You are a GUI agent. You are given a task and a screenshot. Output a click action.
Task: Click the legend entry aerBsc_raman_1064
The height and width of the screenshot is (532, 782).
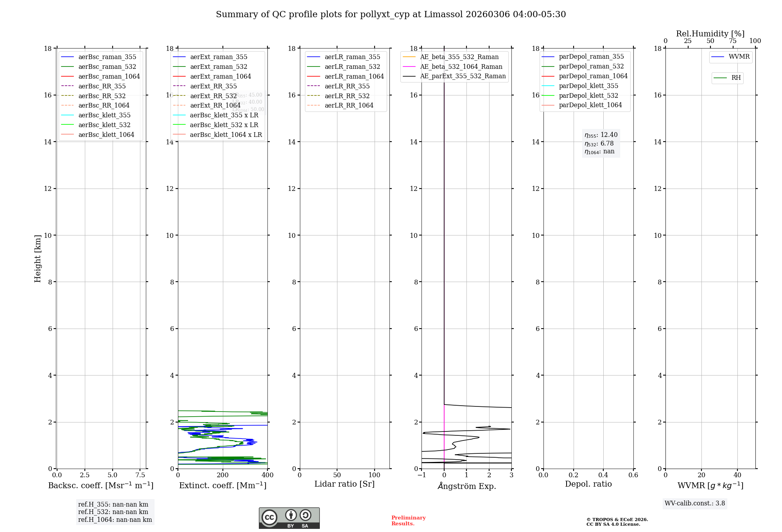coord(109,76)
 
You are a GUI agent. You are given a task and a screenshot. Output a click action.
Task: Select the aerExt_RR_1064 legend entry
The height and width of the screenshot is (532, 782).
coord(215,105)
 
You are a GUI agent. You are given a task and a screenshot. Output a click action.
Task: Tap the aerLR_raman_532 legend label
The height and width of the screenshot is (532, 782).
coord(352,66)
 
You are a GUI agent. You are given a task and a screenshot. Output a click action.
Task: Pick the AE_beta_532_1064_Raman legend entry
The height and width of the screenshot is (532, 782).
coord(461,66)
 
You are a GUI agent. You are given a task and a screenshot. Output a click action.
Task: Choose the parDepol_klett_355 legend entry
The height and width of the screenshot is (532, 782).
coord(588,86)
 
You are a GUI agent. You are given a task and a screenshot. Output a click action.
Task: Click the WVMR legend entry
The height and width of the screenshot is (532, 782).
coord(739,57)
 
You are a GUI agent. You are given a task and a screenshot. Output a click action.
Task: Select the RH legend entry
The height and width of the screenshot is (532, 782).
coord(736,78)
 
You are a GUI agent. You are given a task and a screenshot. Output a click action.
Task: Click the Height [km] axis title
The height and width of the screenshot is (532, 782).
coord(38,259)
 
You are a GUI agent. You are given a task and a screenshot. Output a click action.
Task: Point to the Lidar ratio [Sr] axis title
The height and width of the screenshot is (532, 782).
coord(344,484)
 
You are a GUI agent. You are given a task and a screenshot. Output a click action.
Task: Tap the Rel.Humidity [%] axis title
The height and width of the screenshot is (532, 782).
coord(710,34)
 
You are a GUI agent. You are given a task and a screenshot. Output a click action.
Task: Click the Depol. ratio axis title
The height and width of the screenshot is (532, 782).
coord(588,484)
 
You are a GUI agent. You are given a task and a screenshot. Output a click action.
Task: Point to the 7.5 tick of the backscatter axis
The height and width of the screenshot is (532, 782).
coord(140,475)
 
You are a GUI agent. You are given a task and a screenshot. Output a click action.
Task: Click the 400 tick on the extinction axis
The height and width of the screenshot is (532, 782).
coord(267,475)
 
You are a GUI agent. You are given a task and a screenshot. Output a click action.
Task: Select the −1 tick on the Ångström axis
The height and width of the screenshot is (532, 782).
coord(421,475)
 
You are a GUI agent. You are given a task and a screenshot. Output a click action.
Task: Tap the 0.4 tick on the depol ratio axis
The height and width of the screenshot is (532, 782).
coord(603,475)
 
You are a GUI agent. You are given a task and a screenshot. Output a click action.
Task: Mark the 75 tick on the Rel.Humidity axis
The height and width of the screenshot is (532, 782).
coord(733,41)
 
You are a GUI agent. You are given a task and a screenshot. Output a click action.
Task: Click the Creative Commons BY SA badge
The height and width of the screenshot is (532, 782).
coord(289,518)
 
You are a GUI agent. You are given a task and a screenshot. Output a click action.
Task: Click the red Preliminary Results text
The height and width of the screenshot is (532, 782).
coord(408,520)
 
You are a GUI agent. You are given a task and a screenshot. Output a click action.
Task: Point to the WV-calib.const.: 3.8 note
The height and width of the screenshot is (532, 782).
coord(695,503)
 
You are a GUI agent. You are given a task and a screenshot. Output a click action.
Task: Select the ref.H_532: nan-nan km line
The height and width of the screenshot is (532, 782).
coord(113,512)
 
